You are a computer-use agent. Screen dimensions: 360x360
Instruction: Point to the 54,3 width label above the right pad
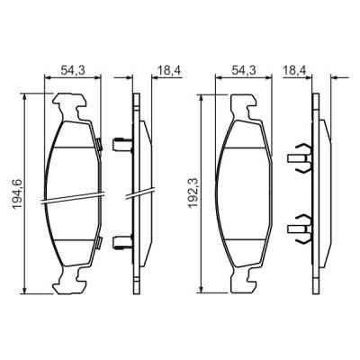[x=244, y=68]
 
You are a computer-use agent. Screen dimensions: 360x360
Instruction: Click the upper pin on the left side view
[x=121, y=141]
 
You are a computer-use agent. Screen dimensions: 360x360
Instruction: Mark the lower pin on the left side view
[x=121, y=239]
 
